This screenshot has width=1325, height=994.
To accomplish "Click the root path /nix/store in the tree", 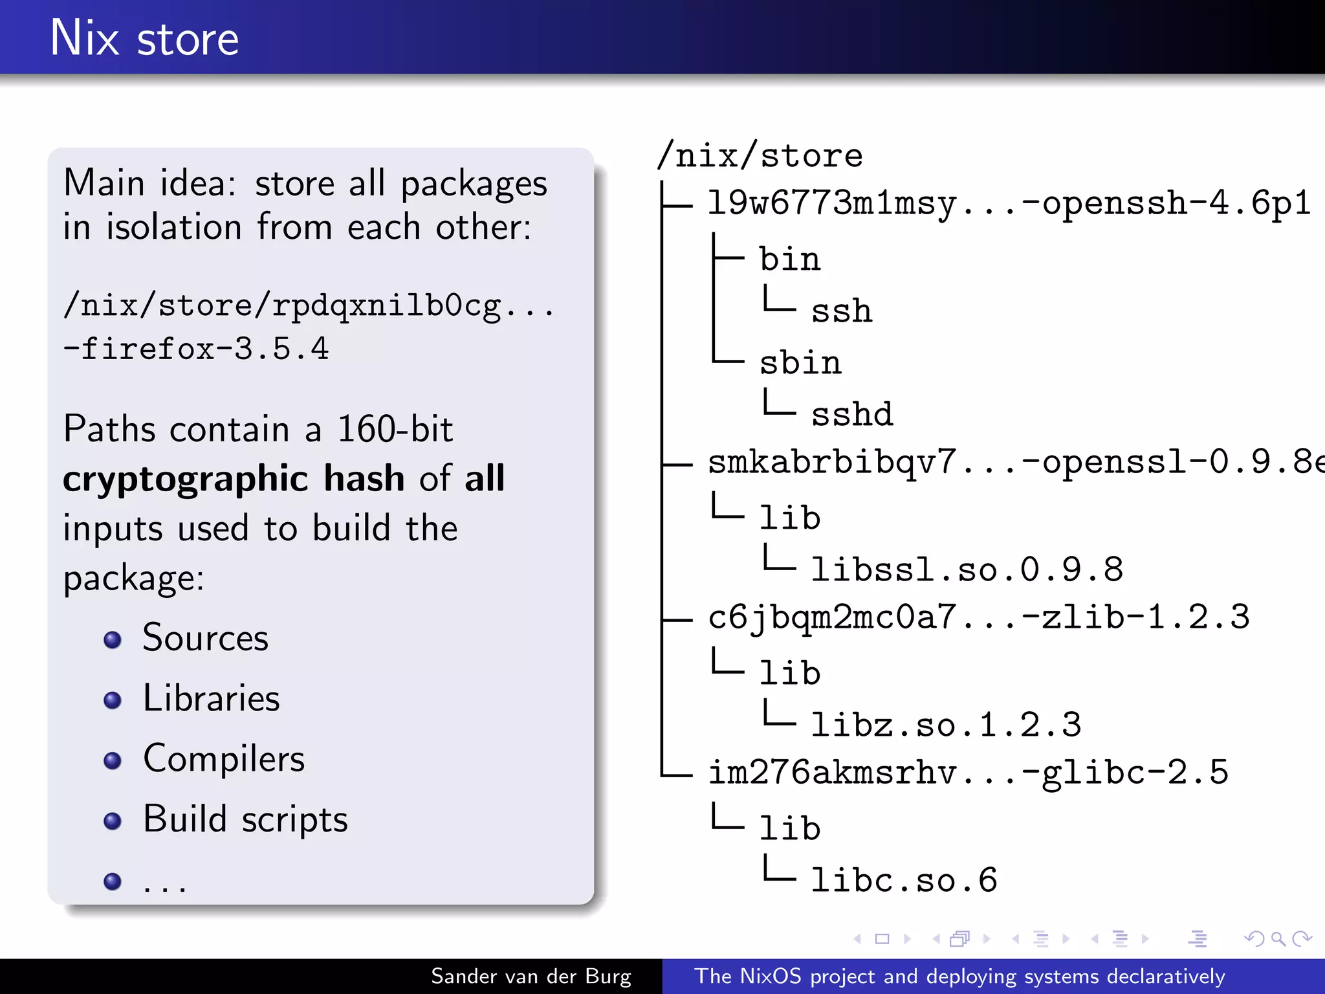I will coord(760,156).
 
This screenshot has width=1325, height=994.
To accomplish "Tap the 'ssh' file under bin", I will coord(841,311).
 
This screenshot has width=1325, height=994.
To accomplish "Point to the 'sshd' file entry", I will coord(851,415).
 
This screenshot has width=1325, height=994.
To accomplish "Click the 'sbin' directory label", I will coord(800,363).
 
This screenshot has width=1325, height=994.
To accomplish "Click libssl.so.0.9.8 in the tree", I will coord(967,570).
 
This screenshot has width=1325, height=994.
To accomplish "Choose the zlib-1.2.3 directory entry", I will coord(978,617).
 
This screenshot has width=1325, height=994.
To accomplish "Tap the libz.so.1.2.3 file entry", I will coord(946,725).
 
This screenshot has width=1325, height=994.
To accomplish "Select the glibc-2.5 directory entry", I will coord(968,773).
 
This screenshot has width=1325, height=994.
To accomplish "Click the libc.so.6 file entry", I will coord(904,881).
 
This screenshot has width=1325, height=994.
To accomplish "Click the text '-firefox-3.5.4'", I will coord(196,349).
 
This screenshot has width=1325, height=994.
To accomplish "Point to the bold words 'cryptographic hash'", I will coord(233,479).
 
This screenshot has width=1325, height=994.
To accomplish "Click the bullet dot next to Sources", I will coord(113,639).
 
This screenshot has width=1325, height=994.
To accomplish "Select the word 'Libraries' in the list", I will coord(211,698).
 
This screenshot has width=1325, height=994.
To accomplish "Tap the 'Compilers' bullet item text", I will coord(223,758).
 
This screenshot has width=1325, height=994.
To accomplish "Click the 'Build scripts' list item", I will coord(245,819).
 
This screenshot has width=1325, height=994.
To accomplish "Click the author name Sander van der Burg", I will coord(531,976).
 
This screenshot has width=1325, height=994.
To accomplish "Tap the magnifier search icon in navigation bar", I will coord(1278,938).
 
